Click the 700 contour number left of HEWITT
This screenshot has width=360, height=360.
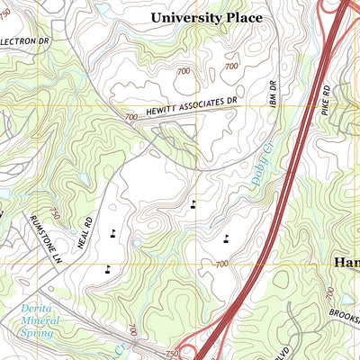point(131,117)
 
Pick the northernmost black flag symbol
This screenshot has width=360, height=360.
point(193,204)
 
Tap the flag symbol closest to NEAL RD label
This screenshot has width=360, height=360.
point(112,234)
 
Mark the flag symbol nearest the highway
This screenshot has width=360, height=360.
point(225,238)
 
